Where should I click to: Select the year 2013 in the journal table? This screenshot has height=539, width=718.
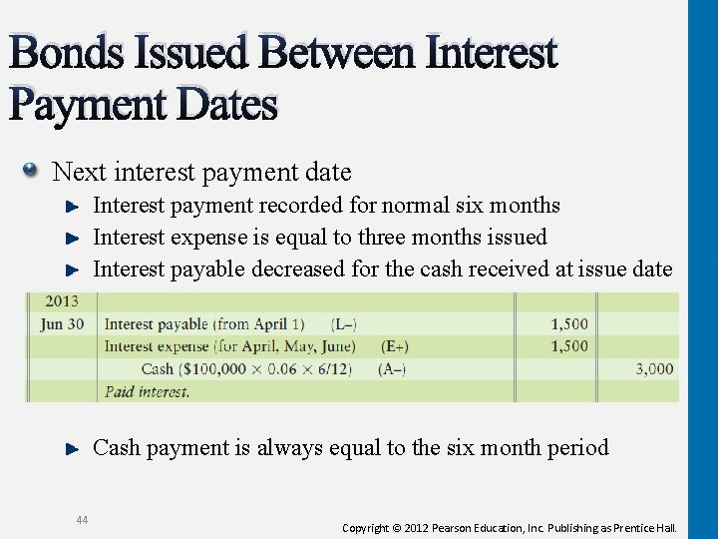tap(61, 300)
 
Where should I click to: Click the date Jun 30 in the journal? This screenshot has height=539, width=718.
tap(63, 323)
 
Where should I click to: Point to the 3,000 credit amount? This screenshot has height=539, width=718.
tap(654, 368)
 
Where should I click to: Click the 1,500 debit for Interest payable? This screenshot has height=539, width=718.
tap(569, 323)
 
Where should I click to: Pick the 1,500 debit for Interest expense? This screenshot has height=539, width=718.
tap(569, 345)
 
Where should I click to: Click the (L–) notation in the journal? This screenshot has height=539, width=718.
tap(344, 323)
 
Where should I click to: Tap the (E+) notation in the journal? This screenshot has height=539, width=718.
tap(395, 345)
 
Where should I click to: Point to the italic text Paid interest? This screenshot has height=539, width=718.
tap(147, 391)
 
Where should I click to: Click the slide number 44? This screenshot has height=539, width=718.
tap(81, 518)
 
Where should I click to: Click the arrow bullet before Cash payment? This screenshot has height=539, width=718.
tap(72, 449)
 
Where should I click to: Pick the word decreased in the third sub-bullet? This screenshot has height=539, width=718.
tap(298, 269)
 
